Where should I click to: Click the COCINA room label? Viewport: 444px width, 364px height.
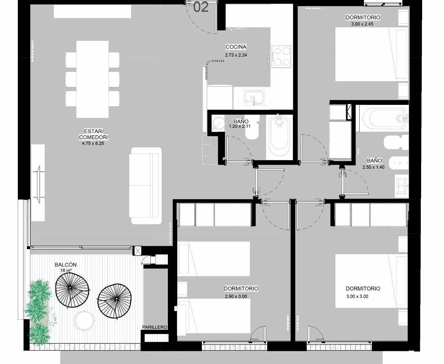pos(236,47)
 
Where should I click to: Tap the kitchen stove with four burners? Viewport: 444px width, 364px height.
pos(281,57)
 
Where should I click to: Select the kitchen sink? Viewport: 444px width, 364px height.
pos(254,97)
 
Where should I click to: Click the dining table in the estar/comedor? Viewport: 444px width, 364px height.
pos(92,79)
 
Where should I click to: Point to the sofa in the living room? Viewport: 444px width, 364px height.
pos(145,185)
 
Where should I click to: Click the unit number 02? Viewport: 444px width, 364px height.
pos(201,7)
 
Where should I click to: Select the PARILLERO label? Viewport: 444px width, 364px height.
pos(154,327)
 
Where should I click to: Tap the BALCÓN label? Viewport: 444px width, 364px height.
pos(66,265)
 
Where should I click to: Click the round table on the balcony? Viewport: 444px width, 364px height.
pos(84,321)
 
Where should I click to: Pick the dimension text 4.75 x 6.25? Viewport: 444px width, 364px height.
pos(93,144)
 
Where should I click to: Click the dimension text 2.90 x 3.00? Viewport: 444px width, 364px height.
pos(236,296)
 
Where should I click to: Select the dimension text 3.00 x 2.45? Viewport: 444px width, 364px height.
pos(362,24)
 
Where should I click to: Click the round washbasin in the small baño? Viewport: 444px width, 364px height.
pos(218,123)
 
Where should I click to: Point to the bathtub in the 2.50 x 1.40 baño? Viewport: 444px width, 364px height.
pos(384,118)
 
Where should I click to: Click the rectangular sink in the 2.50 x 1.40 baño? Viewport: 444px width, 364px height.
pos(402,186)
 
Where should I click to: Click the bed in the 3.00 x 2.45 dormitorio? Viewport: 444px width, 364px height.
pos(372,54)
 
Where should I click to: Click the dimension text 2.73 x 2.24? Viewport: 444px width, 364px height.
pos(236,55)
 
